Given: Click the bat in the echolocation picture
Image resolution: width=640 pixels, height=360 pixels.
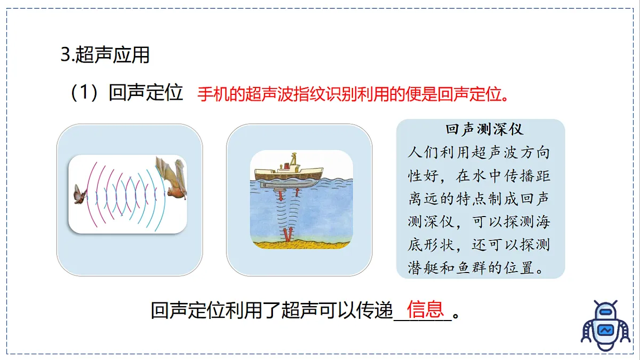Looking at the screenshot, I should (172, 177).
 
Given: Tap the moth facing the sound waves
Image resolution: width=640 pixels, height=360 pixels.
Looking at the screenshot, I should (79, 194).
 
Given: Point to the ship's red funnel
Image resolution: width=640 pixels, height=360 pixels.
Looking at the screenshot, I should (292, 158).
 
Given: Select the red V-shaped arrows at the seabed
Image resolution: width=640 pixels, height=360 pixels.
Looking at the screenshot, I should (289, 234).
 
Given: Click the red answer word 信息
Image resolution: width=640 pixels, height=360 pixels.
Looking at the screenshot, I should (425, 309).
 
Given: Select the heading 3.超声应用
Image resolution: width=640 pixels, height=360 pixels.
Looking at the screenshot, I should (105, 54).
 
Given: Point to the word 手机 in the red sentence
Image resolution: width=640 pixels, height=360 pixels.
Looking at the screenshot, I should (210, 94).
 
